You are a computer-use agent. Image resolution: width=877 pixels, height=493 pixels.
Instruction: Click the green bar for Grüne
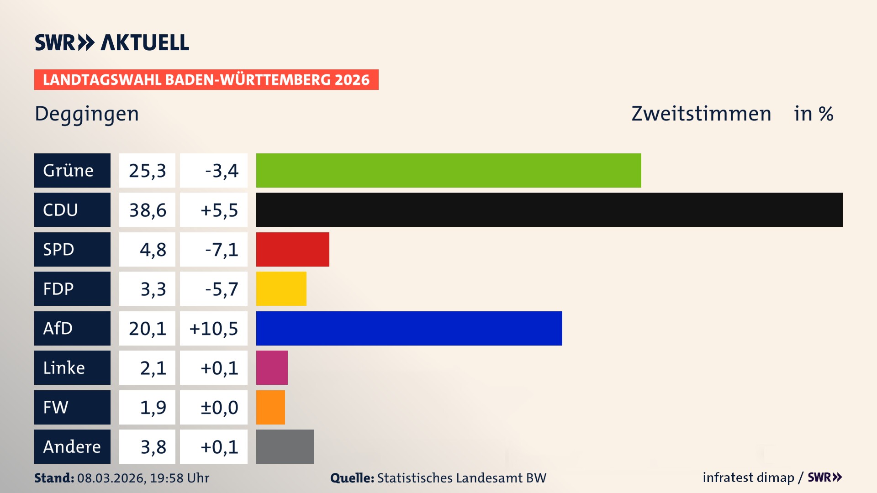coord(449,170)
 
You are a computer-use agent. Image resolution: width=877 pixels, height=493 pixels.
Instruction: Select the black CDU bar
coord(549,210)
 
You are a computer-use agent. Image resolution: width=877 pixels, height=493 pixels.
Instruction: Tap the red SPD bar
coord(292,249)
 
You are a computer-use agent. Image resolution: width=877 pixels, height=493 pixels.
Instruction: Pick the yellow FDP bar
coord(281,289)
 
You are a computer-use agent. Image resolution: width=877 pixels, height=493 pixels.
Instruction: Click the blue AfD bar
coord(409,328)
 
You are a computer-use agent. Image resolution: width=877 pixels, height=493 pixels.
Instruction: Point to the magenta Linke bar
coord(272,368)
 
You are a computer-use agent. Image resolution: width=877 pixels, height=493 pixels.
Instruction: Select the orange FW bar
coord(270,407)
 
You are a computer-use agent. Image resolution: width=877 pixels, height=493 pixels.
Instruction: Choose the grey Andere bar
coord(285,446)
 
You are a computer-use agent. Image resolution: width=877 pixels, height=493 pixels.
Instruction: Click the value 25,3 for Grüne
coord(147,171)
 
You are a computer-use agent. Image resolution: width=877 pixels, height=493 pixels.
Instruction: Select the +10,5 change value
coord(214,329)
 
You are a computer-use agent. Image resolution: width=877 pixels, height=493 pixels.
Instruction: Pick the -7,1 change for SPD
coord(222,250)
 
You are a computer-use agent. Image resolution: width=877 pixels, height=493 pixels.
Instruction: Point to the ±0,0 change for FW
coord(219,408)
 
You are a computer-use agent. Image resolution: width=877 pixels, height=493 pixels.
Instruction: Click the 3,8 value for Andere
coord(153,447)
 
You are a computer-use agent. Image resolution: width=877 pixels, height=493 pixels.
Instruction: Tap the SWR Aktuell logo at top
coord(112,42)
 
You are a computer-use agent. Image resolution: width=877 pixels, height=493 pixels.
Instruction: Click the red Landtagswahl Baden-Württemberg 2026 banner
coord(206,80)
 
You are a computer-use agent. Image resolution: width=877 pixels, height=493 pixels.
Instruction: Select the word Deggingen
coord(87,114)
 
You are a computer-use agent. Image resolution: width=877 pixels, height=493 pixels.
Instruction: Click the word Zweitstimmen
coord(701,114)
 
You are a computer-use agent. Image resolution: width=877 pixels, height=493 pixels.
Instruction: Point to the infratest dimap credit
coord(748,477)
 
